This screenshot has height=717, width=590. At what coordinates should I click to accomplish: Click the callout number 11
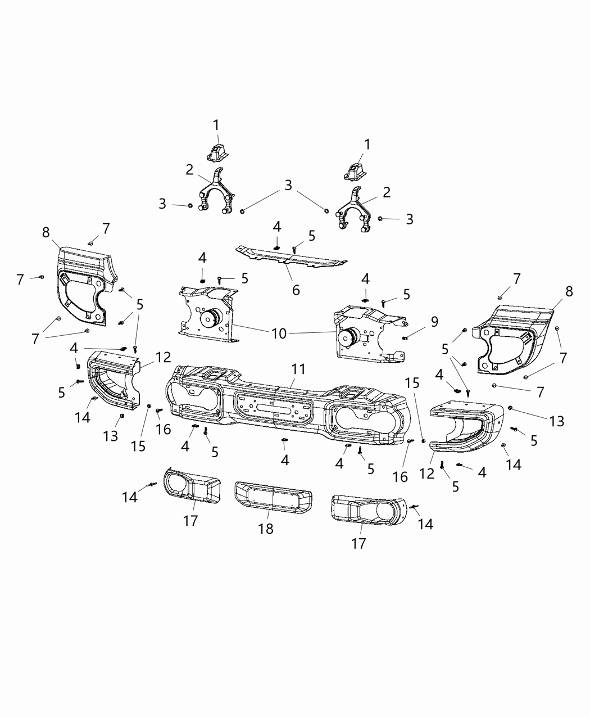pos(298,369)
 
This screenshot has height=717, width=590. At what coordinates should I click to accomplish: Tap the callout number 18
pos(266,529)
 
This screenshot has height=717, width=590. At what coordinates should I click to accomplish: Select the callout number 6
pos(296,290)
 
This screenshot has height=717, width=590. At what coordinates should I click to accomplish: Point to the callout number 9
pos(434,322)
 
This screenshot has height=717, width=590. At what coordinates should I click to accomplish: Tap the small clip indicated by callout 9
pos(405,337)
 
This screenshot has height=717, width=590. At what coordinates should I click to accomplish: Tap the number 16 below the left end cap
pos(163,430)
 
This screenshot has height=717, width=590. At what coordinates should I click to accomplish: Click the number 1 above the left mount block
pos(216,124)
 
